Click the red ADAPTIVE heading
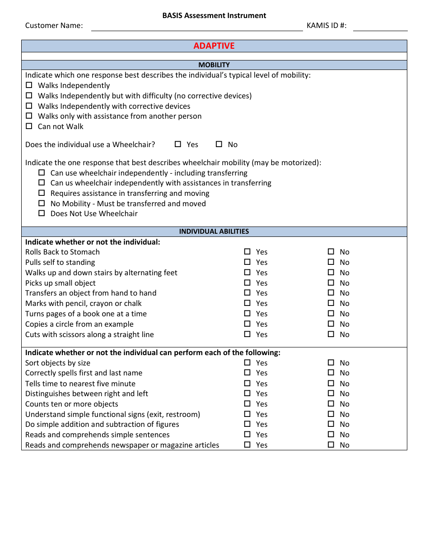(x=214, y=46)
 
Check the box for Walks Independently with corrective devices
(x=29, y=106)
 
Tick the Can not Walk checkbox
(x=29, y=126)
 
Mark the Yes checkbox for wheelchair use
(x=178, y=144)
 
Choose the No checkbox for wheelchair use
(x=219, y=144)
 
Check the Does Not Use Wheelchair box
(x=42, y=213)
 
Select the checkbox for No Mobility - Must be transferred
(x=42, y=203)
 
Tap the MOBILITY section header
(x=214, y=65)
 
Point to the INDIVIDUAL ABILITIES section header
(x=214, y=231)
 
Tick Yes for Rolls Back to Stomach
(x=247, y=252)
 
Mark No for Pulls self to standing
(x=331, y=262)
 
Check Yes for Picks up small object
(x=247, y=283)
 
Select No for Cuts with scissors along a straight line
(x=331, y=334)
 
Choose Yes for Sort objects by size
(x=247, y=363)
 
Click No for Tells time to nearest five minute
(x=331, y=384)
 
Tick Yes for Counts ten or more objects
(x=247, y=404)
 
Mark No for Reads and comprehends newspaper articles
(x=331, y=445)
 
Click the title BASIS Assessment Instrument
(x=214, y=16)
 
